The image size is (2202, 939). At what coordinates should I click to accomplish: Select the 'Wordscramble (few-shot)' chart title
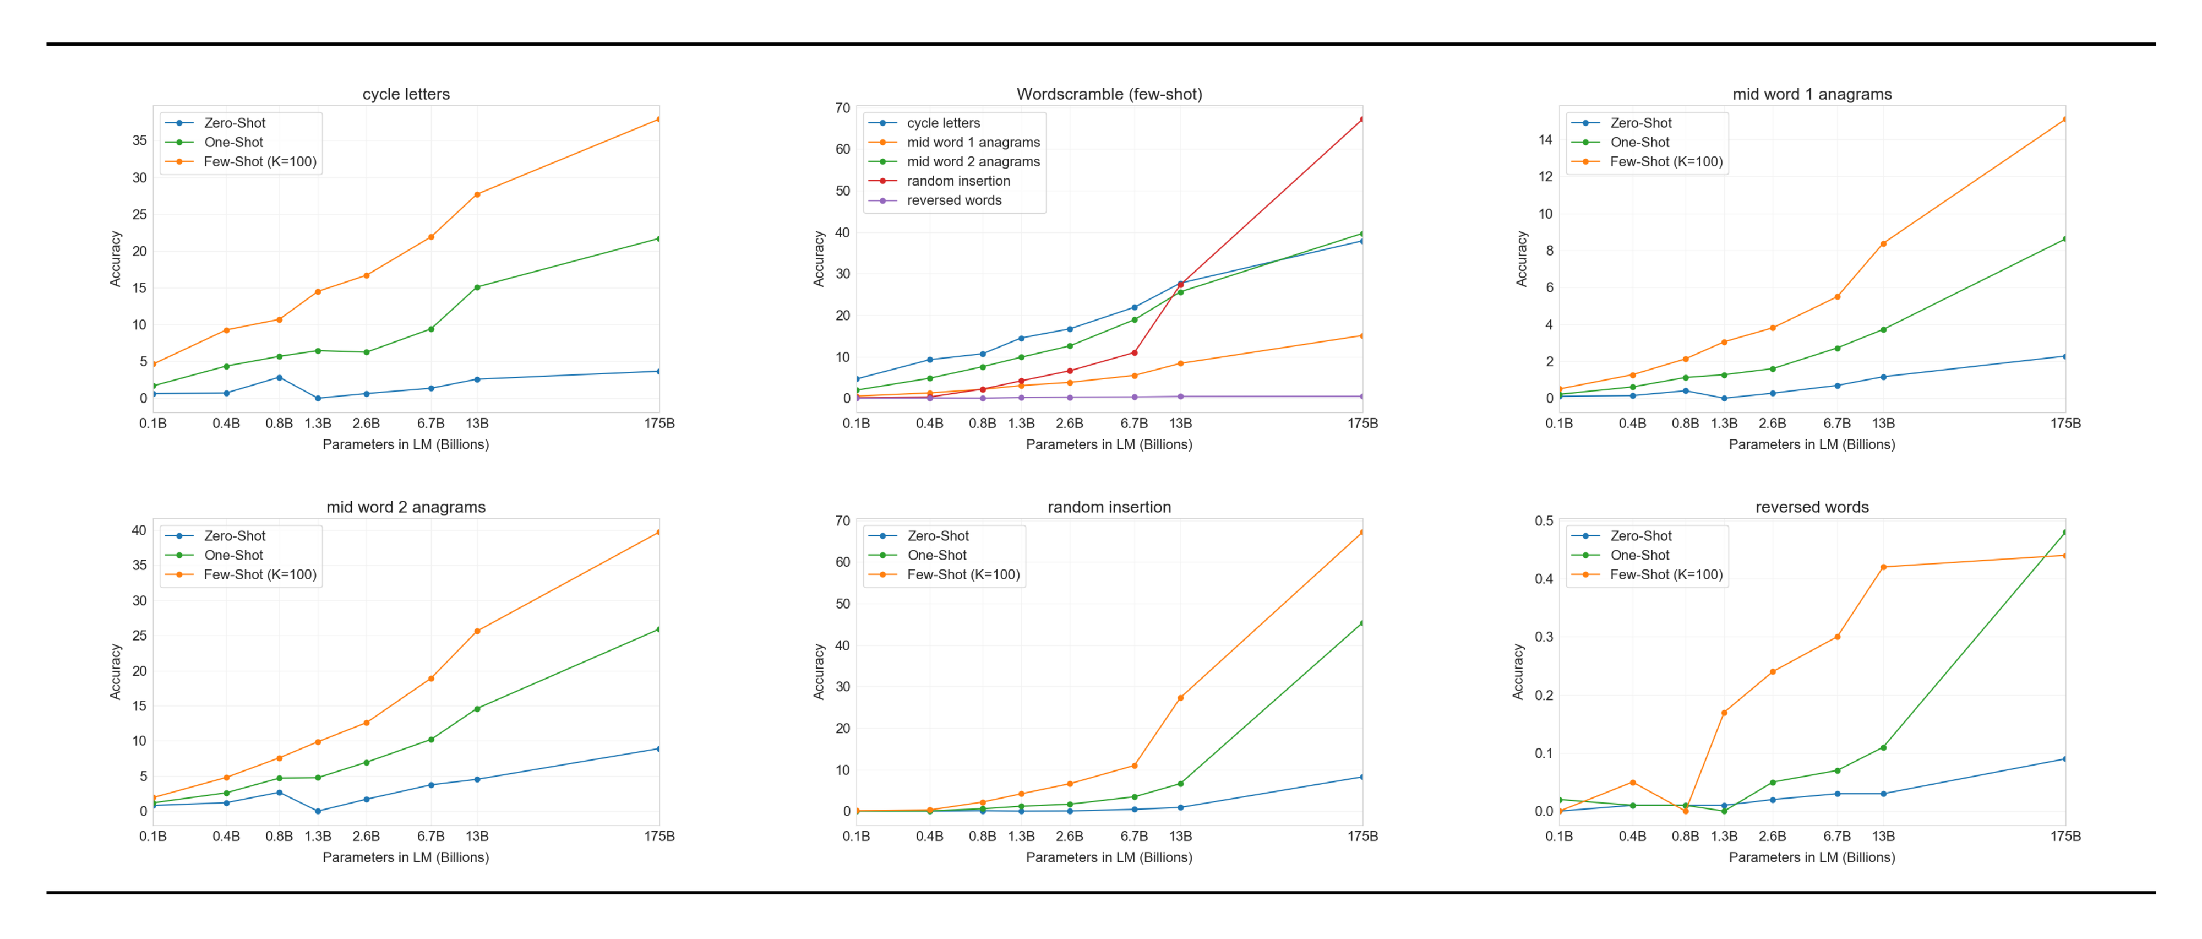click(1109, 94)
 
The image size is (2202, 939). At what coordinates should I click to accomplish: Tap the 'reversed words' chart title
click(1811, 507)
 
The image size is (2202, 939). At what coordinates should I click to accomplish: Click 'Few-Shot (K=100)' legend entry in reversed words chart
click(1665, 574)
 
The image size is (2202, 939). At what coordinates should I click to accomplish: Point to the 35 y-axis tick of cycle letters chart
click(139, 140)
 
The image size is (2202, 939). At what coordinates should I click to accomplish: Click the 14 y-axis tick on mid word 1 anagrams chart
click(1545, 139)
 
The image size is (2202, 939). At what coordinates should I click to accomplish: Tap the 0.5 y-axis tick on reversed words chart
click(1543, 521)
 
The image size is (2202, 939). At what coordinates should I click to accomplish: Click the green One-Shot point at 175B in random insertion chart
click(1362, 623)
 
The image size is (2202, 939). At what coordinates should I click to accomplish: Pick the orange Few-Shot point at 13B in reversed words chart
click(1883, 567)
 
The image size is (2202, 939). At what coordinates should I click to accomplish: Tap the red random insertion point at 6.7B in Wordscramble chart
click(1135, 352)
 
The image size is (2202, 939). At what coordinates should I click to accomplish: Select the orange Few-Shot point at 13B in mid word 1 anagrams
click(1883, 244)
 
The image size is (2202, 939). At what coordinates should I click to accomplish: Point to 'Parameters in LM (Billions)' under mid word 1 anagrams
click(1811, 444)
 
